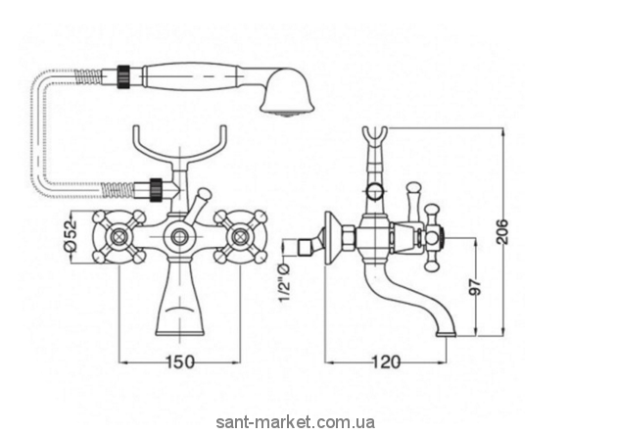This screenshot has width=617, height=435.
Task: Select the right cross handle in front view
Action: tap(239, 235)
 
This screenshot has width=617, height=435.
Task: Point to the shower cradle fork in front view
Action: tap(180, 145)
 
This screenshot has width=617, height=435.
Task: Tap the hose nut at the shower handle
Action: tap(124, 72)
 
